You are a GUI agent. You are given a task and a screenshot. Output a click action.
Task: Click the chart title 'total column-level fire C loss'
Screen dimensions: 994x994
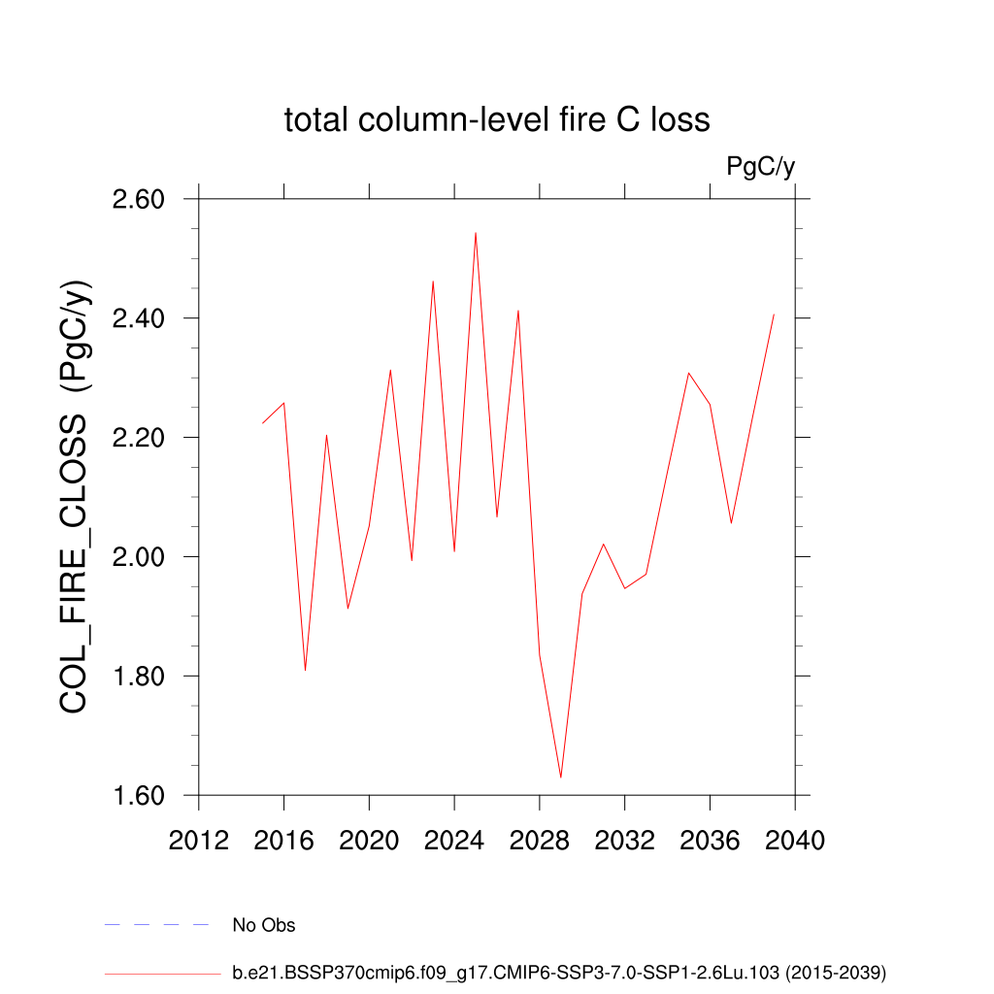pyautogui.click(x=497, y=120)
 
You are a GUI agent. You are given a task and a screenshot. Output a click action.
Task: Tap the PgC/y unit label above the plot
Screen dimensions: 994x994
pyautogui.click(x=761, y=167)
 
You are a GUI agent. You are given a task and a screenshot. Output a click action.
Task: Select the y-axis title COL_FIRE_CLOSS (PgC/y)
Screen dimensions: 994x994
pyautogui.click(x=76, y=497)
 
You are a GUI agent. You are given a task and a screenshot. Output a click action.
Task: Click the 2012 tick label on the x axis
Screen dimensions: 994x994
pyautogui.click(x=199, y=841)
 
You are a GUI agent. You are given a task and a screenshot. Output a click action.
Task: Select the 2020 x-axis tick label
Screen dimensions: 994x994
pyautogui.click(x=369, y=841)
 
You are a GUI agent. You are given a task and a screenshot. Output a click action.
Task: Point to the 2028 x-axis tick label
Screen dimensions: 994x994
pyautogui.click(x=540, y=841)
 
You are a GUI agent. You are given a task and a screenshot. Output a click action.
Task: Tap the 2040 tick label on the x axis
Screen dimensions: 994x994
pyautogui.click(x=795, y=841)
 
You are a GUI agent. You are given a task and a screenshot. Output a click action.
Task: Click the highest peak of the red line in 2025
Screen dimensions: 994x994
pyautogui.click(x=476, y=233)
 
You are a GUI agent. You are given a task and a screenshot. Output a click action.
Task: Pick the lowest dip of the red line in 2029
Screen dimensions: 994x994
pyautogui.click(x=561, y=777)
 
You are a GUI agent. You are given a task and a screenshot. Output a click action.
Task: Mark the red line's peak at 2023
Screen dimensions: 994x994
pyautogui.click(x=433, y=282)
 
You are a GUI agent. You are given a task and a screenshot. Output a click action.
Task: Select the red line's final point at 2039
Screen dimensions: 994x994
pyautogui.click(x=774, y=315)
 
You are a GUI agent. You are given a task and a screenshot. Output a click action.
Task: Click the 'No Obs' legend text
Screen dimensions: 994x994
pyautogui.click(x=264, y=925)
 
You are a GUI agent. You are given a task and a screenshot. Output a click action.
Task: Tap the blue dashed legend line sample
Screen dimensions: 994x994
pyautogui.click(x=157, y=925)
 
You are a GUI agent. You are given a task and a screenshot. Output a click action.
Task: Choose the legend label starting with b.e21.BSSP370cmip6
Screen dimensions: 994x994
pyautogui.click(x=559, y=972)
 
